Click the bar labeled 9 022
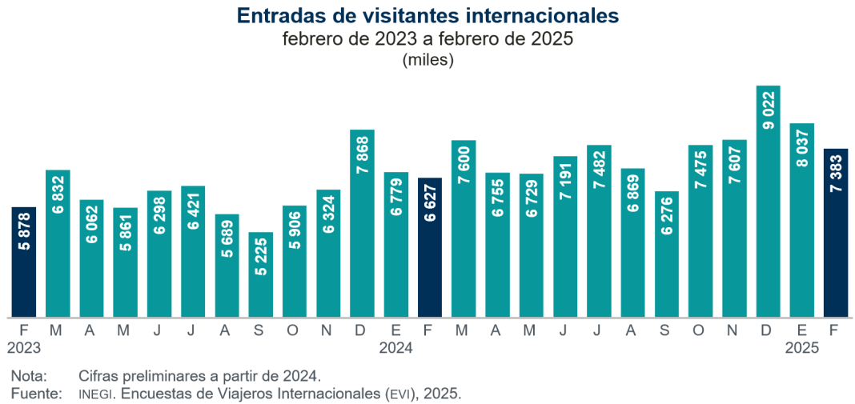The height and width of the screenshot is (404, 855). click(768, 200)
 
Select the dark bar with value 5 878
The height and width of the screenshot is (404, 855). click(24, 262)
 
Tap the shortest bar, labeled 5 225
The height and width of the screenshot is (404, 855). click(260, 274)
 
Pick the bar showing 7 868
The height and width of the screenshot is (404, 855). click(362, 222)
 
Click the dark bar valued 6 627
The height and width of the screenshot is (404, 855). click(430, 246)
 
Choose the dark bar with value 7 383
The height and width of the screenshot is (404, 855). click(836, 232)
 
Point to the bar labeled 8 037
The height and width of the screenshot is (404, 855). click(801, 219)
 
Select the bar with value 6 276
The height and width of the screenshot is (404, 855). click(666, 254)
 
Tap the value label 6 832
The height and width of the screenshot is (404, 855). click(58, 198)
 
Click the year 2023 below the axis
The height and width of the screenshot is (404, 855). click(24, 348)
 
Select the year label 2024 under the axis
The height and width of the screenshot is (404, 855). click(395, 348)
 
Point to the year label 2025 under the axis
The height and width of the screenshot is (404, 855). click(801, 348)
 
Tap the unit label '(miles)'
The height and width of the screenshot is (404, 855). click(427, 59)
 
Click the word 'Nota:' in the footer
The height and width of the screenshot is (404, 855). click(30, 375)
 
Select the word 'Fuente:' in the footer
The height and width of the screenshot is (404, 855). click(36, 393)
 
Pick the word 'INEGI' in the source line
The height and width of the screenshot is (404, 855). click(97, 394)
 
